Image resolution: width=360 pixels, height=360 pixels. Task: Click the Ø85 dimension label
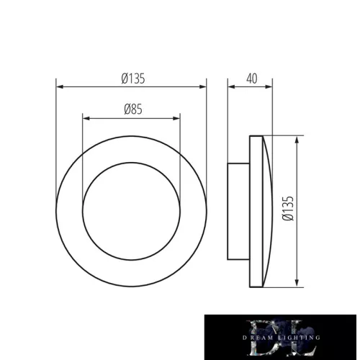(x=131, y=109)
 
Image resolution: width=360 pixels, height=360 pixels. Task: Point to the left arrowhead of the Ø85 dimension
(x=86, y=117)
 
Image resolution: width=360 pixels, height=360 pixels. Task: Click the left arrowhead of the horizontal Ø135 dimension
(x=59, y=87)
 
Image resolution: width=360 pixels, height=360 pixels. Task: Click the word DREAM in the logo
(x=253, y=338)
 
